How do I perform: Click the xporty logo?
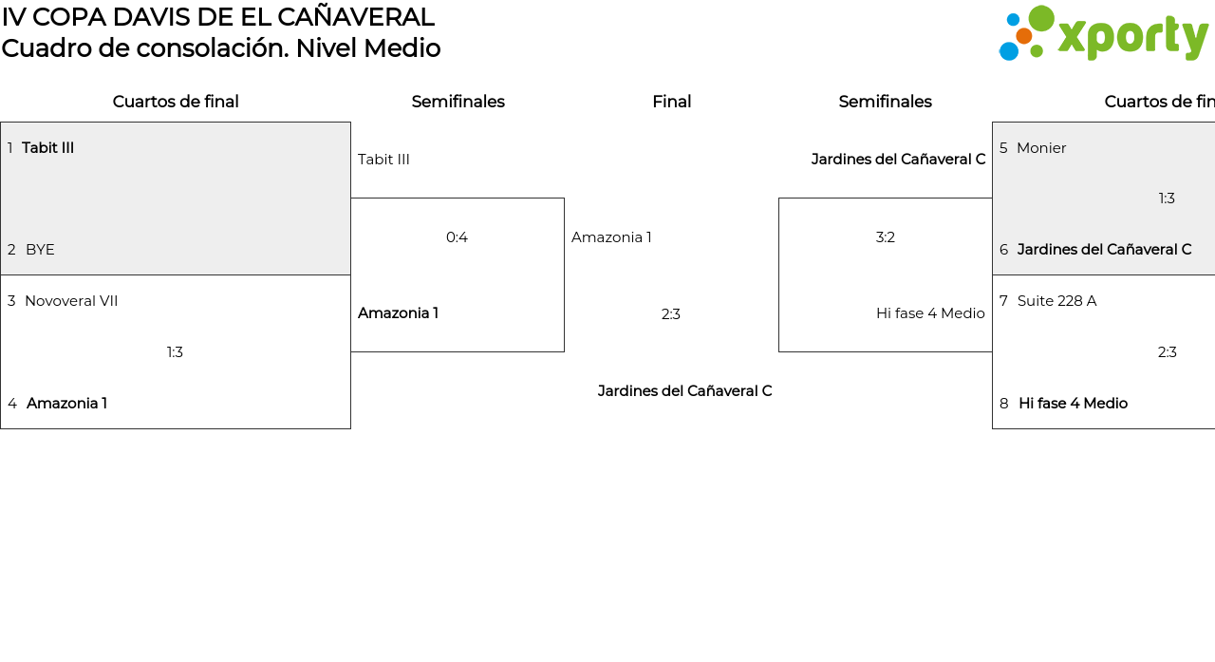pos(1103,33)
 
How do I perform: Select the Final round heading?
pos(671,102)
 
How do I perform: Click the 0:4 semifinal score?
pos(457,237)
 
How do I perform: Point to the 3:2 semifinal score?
pos(886,237)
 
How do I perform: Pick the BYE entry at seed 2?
pos(40,250)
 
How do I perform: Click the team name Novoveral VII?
pos(71,301)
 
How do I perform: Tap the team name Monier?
pos(1041,147)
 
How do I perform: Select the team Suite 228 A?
pos(1056,301)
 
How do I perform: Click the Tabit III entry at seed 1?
pos(47,147)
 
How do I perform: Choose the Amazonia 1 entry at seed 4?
pos(66,403)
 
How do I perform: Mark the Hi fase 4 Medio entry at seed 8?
pos(1073,403)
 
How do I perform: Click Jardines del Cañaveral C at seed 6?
pos(1104,250)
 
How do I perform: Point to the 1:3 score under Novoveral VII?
pos(175,352)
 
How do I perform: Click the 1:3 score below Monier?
pos(1167,199)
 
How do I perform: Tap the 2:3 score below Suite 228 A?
pos(1168,352)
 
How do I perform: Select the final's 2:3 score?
pos(671,314)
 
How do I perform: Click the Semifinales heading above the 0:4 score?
pos(458,102)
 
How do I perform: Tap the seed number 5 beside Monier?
pos(1003,147)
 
